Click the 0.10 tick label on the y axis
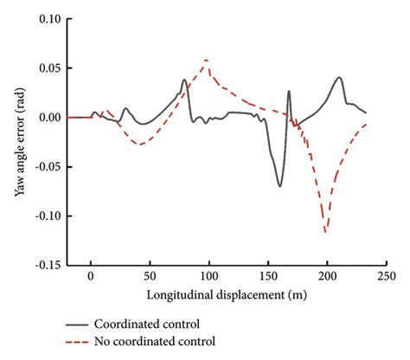point(48,18)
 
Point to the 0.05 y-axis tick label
point(48,67)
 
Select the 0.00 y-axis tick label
point(48,117)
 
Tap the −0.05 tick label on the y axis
point(45,167)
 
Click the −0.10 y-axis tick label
point(45,216)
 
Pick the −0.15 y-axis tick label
point(45,266)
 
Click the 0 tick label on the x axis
point(90,280)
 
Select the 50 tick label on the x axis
point(149,280)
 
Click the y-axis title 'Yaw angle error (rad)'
point(19,142)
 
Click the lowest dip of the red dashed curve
point(326,232)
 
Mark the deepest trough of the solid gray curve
point(279,186)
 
